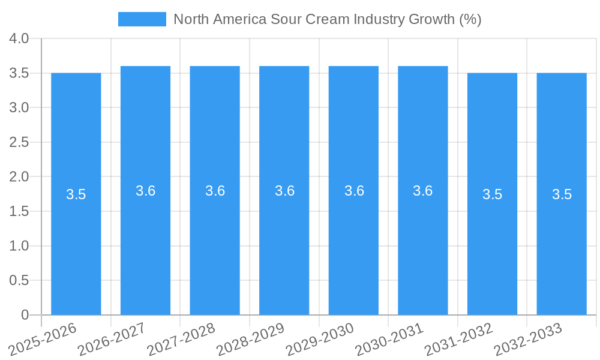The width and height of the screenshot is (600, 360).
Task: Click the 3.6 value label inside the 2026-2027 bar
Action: [146, 191]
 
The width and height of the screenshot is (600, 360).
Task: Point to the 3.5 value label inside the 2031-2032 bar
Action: [493, 194]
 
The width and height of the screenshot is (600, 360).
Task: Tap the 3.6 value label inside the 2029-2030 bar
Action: [354, 191]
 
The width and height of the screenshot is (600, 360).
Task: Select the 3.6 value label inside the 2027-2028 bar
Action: [215, 191]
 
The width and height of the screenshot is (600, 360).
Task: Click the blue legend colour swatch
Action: [142, 19]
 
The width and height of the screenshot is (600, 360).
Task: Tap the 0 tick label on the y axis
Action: [25, 315]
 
